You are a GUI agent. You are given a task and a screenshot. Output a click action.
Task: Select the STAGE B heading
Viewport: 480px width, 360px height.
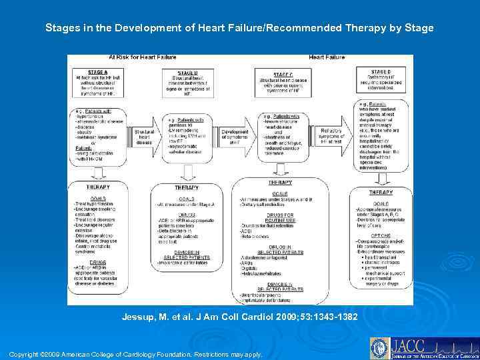click(187, 73)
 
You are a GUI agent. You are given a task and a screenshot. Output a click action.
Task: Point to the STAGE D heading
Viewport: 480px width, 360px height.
click(381, 71)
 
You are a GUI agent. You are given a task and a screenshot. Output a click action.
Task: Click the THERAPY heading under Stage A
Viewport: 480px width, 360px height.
click(98, 187)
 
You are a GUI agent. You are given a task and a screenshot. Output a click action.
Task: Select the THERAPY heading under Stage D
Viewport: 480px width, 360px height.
click(381, 193)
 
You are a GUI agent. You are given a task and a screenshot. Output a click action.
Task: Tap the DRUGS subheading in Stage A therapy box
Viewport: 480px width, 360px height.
click(98, 262)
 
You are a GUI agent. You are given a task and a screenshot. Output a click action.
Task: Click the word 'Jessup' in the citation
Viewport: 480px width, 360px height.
click(138, 317)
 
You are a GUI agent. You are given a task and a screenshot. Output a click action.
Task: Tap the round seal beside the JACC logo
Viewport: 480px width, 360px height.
click(380, 347)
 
